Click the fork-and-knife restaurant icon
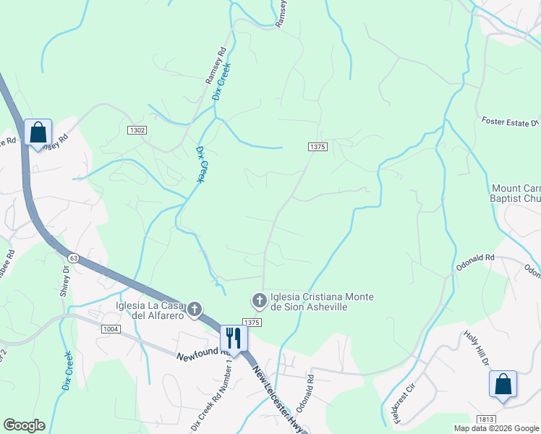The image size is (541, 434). pyautogui.click(x=234, y=338)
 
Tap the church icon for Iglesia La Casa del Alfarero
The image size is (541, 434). pyautogui.click(x=193, y=310)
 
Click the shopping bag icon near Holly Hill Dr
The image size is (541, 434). pyautogui.click(x=503, y=384)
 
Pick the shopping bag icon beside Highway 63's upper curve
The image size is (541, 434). pyautogui.click(x=38, y=132)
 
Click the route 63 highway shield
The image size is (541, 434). pyautogui.click(x=74, y=257)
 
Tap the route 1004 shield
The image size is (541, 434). pyautogui.click(x=111, y=329)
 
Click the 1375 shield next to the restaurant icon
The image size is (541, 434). pyautogui.click(x=251, y=323)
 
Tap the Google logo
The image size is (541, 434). pyautogui.click(x=24, y=425)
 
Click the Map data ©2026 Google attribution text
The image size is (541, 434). pyautogui.click(x=495, y=428)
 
